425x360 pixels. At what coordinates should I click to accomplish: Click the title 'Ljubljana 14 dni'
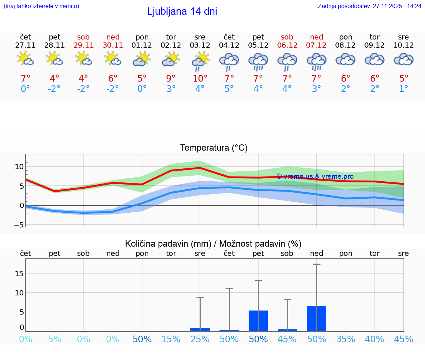pyautogui.click(x=182, y=11)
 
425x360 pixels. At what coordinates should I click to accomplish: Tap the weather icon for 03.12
pyautogui.click(x=200, y=61)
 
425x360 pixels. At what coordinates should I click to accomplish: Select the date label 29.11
pyautogui.click(x=83, y=45)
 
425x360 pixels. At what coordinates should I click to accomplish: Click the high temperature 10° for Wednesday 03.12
pyautogui.click(x=200, y=79)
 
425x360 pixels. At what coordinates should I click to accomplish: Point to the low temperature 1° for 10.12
pyautogui.click(x=404, y=89)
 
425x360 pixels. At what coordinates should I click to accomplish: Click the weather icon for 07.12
pyautogui.click(x=317, y=61)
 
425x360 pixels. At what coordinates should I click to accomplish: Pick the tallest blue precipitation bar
pyautogui.click(x=317, y=318)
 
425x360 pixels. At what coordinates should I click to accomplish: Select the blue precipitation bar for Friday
pyautogui.click(x=258, y=320)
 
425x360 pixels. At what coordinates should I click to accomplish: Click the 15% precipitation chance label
pyautogui.click(x=171, y=339)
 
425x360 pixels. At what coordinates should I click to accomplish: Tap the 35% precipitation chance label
pyautogui.click(x=346, y=339)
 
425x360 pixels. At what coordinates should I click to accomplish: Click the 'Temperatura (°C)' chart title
pyautogui.click(x=214, y=148)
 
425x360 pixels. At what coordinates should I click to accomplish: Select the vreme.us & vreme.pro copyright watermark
pyautogui.click(x=315, y=176)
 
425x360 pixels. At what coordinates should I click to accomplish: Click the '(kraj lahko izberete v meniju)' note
pyautogui.click(x=41, y=6)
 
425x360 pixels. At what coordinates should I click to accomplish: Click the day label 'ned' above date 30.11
pyautogui.click(x=113, y=37)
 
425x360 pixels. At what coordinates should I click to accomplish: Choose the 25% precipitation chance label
pyautogui.click(x=200, y=339)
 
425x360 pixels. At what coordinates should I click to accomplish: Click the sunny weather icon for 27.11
pyautogui.click(x=25, y=59)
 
